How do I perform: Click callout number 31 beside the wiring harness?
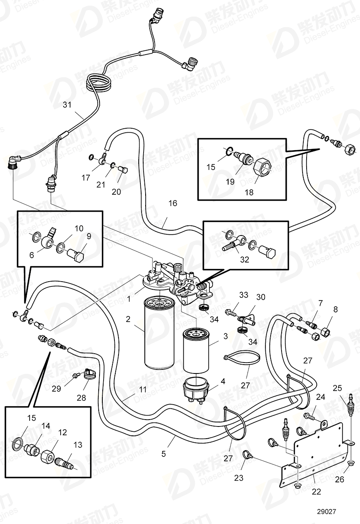tap(67, 105)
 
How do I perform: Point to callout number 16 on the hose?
tap(173, 203)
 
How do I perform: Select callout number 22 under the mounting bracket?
tap(316, 491)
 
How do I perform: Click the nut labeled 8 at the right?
tap(325, 333)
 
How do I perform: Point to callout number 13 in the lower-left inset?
tap(78, 445)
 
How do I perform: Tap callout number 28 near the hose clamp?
tap(81, 398)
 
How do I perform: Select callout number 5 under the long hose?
tap(163, 454)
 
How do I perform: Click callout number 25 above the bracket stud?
tap(337, 388)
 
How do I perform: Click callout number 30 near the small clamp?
tap(261, 297)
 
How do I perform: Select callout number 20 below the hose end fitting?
tap(116, 192)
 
